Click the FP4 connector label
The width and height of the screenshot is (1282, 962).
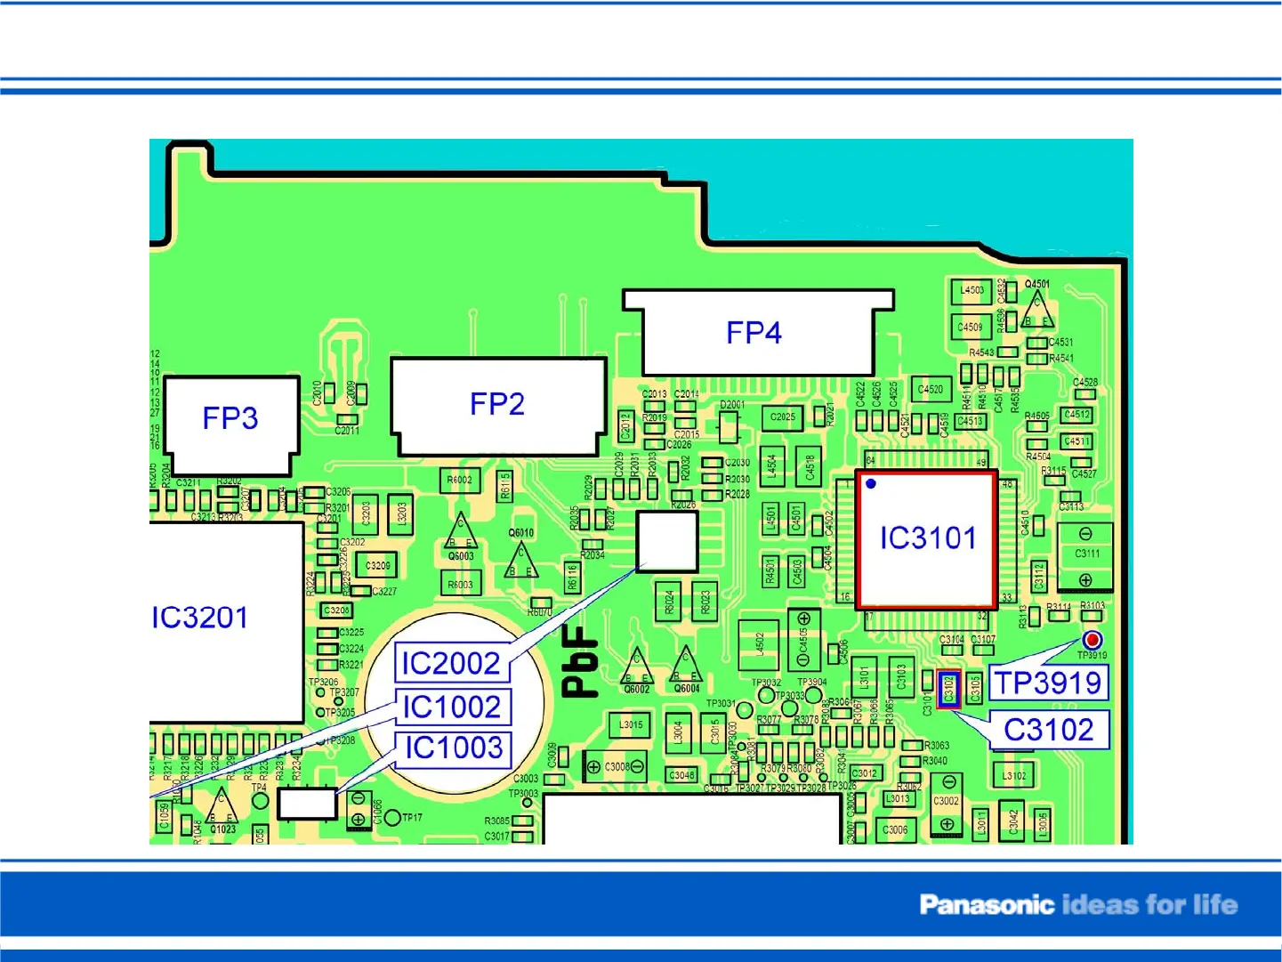(754, 333)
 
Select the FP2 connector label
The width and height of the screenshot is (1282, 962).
(496, 404)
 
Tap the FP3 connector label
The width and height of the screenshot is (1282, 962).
(230, 418)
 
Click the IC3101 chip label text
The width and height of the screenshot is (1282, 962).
(927, 538)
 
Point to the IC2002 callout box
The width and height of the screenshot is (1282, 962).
(451, 663)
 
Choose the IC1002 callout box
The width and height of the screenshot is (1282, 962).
(452, 707)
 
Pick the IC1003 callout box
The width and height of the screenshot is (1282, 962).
(454, 748)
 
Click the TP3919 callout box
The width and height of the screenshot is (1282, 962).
(1048, 683)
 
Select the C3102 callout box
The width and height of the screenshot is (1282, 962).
(1048, 730)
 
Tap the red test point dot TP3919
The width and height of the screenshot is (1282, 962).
(1093, 640)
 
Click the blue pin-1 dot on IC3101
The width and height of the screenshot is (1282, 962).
(871, 484)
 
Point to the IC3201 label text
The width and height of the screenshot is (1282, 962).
(199, 618)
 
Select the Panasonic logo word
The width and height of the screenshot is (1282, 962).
(986, 905)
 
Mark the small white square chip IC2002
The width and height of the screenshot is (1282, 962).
(667, 541)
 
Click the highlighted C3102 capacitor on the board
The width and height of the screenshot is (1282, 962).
(948, 689)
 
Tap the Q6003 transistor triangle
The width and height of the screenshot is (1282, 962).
(460, 533)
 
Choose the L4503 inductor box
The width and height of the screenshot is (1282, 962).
(972, 290)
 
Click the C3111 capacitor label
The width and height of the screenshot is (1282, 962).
(1086, 554)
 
